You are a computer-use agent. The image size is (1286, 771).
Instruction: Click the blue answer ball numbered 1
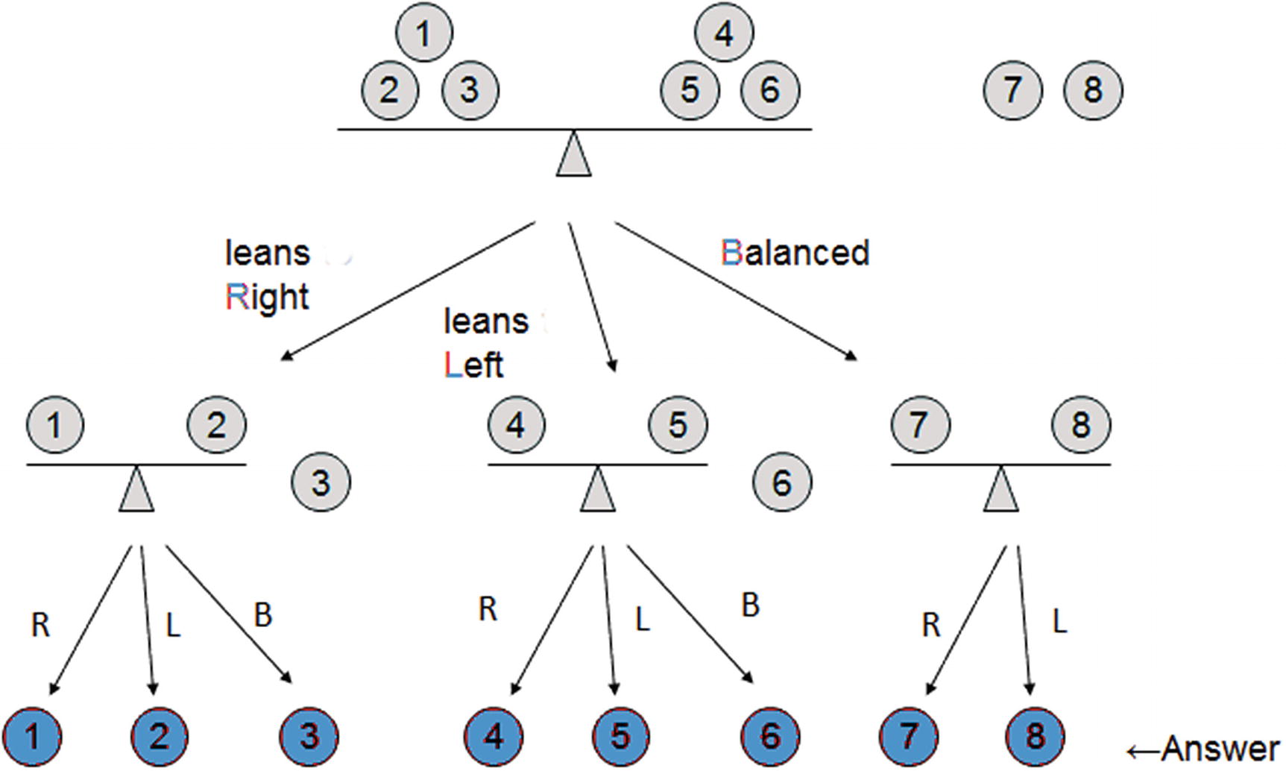32,737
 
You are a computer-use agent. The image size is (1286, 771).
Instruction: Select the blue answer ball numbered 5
620,737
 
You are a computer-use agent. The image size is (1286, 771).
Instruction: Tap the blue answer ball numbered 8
1034,737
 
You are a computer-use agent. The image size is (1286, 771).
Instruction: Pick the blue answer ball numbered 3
309,737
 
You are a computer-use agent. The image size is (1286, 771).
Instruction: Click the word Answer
1220,749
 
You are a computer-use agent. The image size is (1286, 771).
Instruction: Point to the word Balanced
795,253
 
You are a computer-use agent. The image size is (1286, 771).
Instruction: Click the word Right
267,297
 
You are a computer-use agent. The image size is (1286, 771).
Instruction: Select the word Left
473,365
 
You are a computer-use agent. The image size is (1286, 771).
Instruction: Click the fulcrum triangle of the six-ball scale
573,155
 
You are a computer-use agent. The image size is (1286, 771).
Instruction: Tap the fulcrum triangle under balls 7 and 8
1000,491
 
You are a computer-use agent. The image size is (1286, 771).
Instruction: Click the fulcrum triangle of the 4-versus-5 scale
597,491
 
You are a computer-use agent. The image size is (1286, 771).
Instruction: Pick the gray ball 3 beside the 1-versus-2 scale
321,482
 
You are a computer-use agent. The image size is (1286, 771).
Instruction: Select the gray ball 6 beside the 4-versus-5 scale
781,482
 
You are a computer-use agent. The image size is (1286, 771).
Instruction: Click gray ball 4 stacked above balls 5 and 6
724,33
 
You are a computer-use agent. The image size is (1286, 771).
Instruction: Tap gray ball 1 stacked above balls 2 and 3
423,33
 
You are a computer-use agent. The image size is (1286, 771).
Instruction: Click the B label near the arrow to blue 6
750,605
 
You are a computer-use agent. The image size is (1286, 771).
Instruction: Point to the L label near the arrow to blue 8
1059,620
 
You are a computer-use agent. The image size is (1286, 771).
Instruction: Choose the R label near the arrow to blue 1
40,625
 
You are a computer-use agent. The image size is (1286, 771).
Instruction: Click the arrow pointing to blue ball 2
148,619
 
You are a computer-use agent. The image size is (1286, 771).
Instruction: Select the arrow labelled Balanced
734,291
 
